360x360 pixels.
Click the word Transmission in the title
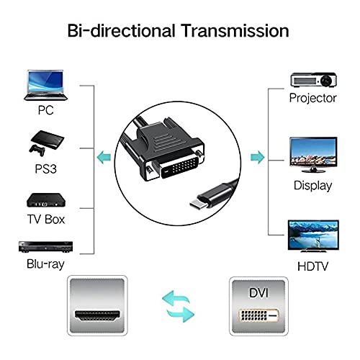pos(235,31)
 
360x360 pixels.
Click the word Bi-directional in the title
pos(121,31)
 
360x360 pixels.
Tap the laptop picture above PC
pos(45,85)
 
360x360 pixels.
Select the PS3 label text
pos(45,168)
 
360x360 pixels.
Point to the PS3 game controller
pos(37,150)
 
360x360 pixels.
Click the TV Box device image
pos(45,200)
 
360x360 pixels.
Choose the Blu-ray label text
pos(45,264)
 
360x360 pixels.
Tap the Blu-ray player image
pos(45,247)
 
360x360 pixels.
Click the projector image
pos(313,80)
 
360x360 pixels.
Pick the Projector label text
pos(312,98)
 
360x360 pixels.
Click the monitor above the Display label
pos(313,155)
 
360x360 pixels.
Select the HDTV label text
pos(312,266)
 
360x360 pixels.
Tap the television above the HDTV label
pos(313,236)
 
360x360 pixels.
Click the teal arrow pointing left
pos(104,157)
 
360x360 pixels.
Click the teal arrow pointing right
pos(258,157)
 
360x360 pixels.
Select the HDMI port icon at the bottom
pos(97,305)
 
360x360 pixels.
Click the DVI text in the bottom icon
pos(258,293)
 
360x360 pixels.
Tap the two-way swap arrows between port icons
pos(178,307)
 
